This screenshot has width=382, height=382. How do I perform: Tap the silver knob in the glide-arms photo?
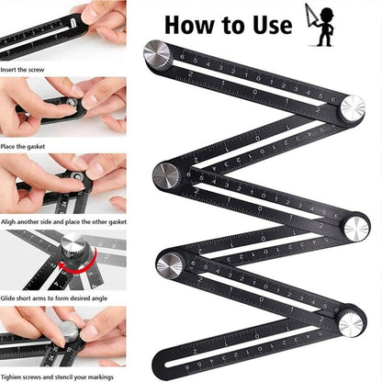coord(73,247)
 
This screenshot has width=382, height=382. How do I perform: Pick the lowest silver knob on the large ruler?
coord(351,322)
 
